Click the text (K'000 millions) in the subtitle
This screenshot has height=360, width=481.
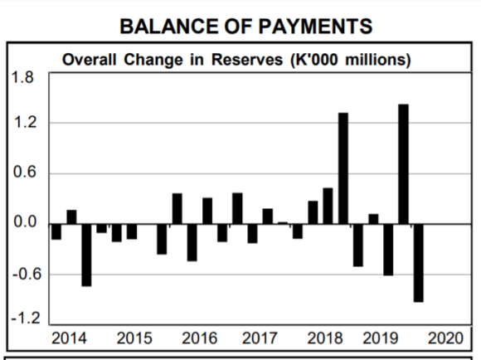(351, 60)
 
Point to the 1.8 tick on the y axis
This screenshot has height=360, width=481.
(22, 77)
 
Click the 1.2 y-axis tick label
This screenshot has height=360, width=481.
(25, 123)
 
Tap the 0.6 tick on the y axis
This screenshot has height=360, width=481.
(25, 172)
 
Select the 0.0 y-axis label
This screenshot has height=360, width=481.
(25, 221)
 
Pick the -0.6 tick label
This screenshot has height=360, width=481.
(27, 273)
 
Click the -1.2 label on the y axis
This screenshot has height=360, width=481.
(26, 319)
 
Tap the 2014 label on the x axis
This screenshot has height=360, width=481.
(69, 338)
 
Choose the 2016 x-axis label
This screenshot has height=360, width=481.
(199, 338)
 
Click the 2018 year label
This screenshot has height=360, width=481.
(325, 338)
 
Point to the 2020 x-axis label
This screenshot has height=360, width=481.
(445, 338)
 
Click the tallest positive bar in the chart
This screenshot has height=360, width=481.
(403, 164)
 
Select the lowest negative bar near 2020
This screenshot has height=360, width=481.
(419, 263)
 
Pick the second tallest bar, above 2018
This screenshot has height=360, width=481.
(343, 168)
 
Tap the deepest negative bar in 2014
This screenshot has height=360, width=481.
(86, 255)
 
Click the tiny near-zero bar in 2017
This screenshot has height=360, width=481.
(283, 223)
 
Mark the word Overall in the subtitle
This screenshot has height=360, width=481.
(90, 60)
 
